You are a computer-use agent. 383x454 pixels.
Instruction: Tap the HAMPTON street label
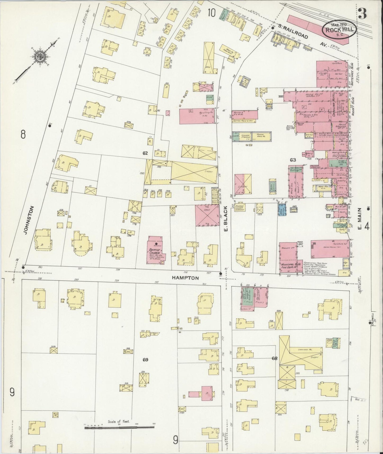[186, 278]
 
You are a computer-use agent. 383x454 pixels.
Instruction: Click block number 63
[293, 160]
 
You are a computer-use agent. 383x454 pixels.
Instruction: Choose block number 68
[274, 358]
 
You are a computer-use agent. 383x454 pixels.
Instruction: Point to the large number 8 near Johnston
[23, 135]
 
